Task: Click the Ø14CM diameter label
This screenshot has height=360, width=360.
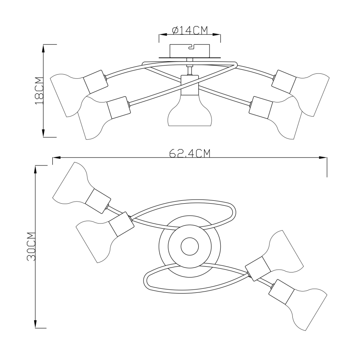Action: point(190,30)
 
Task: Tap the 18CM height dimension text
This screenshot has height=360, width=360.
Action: point(39,91)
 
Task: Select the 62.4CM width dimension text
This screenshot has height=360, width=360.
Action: point(190,153)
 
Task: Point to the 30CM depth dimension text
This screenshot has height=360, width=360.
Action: point(31,246)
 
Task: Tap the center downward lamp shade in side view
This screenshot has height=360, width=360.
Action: point(190,111)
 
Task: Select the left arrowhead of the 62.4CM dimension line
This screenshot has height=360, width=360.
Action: point(56,158)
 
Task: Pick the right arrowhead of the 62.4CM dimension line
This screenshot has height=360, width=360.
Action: point(323,158)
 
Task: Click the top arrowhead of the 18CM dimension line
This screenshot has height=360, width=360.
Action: point(44,48)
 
